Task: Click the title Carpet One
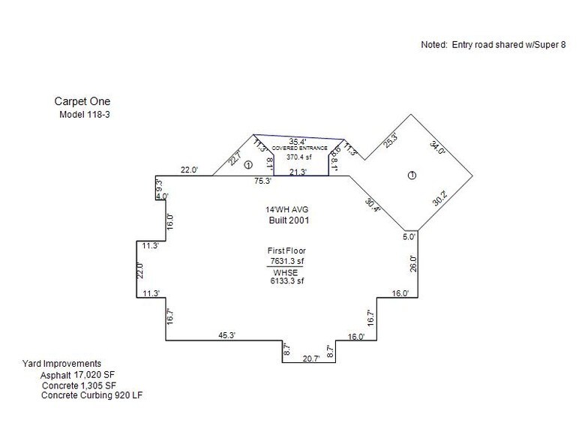tap(85, 101)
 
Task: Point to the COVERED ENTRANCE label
tap(300, 148)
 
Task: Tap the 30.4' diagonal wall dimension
tap(373, 203)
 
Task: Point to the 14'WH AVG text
tap(281, 210)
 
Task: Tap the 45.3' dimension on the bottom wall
tap(226, 335)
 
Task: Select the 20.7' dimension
tap(310, 358)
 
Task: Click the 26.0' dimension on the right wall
tap(412, 263)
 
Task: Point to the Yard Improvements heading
tap(62, 363)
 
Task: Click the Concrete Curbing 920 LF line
tap(91, 394)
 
